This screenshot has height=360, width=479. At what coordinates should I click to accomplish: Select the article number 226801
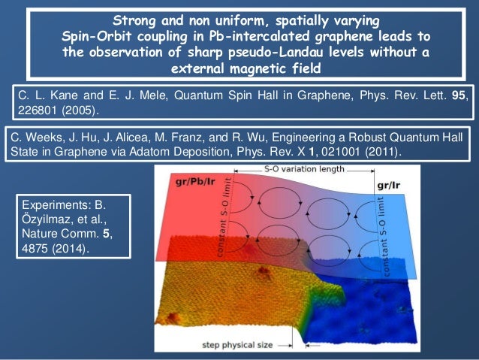point(38,110)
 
